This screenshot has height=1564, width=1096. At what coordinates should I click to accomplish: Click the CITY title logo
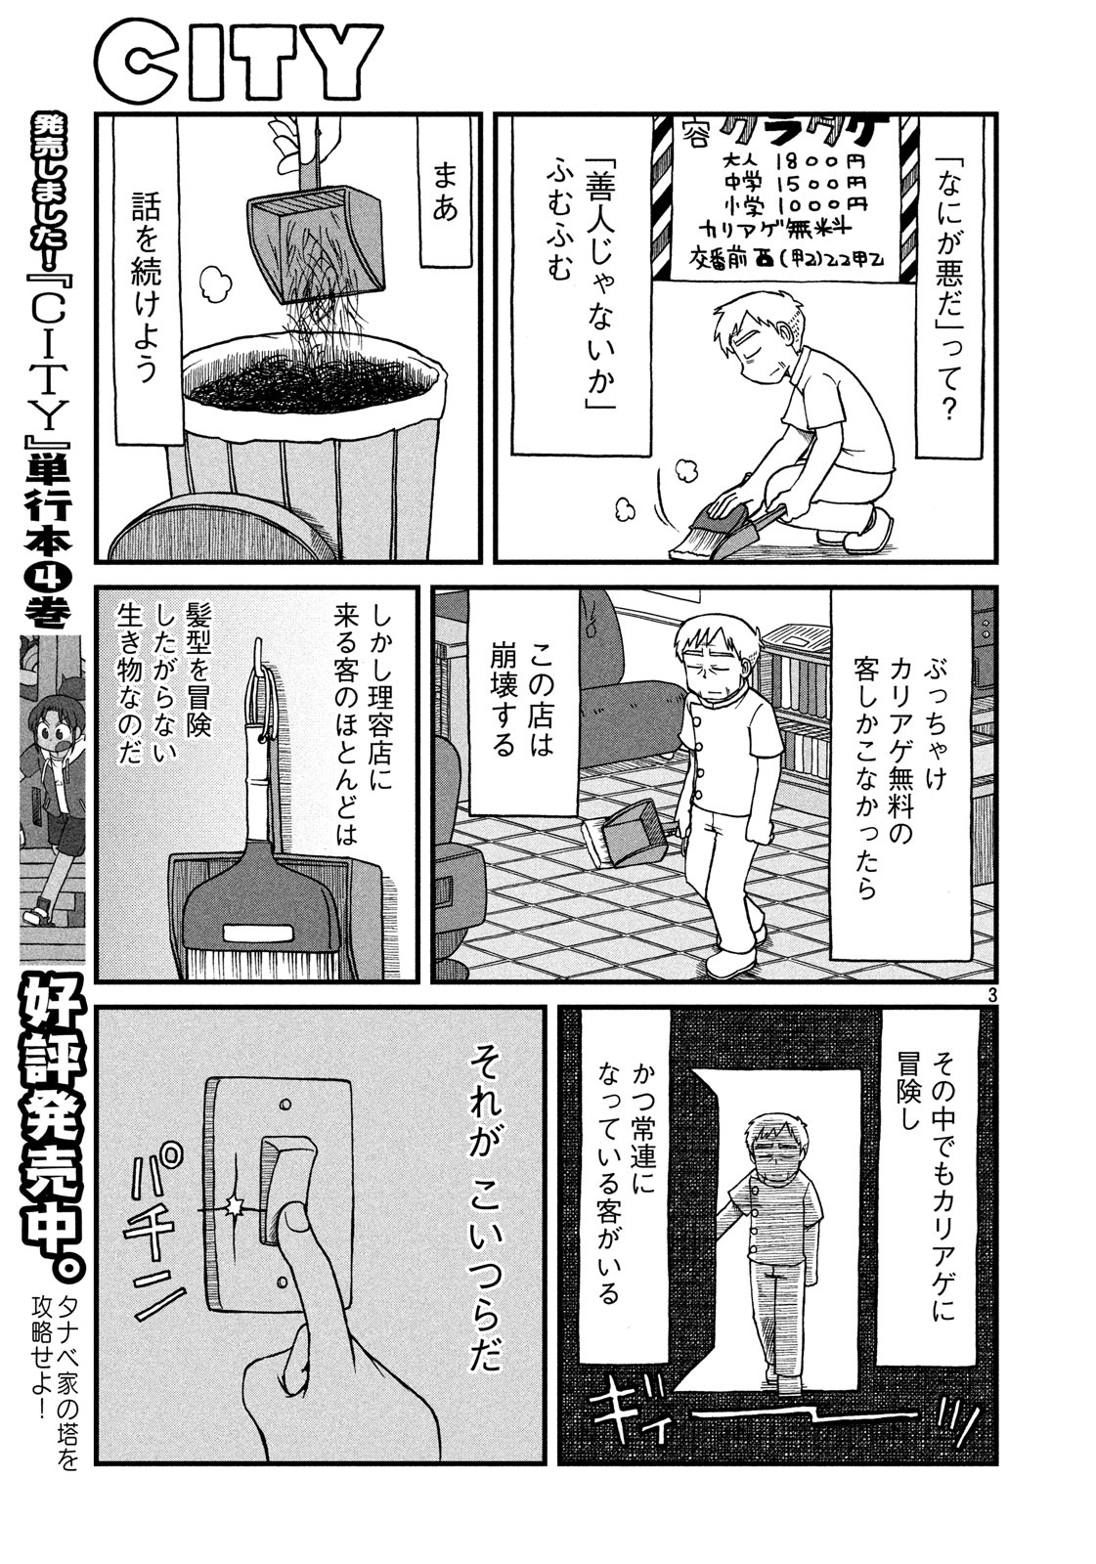(x=239, y=62)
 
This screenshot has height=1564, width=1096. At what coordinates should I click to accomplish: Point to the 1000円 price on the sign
(x=820, y=204)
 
